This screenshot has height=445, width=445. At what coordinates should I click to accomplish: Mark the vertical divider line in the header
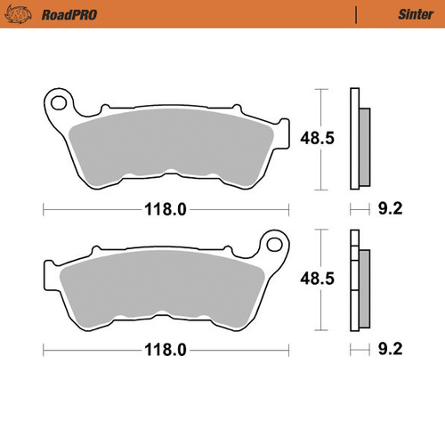click(x=356, y=14)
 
